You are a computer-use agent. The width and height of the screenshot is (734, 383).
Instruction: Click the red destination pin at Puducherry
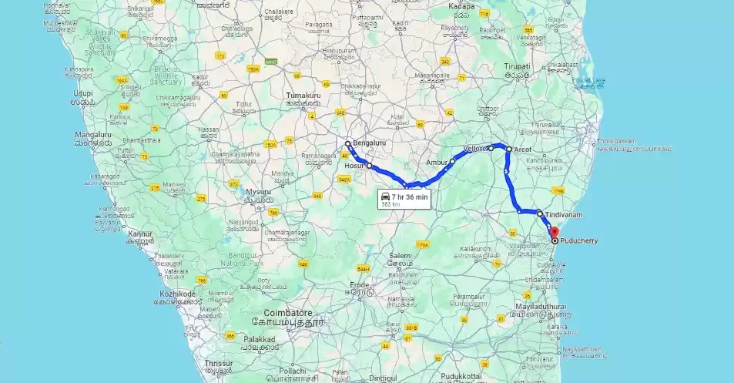(554, 232)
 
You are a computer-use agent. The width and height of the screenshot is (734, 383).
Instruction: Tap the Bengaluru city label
(370, 143)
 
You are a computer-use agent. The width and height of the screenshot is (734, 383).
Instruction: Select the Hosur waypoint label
(354, 166)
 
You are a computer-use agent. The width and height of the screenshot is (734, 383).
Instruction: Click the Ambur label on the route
(436, 163)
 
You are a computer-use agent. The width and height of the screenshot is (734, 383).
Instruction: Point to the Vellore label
(475, 148)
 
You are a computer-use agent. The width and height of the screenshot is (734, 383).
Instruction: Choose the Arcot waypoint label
(523, 149)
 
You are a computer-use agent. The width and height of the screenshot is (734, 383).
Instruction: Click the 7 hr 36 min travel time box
(403, 200)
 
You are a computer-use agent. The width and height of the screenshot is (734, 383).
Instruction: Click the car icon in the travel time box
(385, 197)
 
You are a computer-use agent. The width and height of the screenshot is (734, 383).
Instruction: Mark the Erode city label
(360, 284)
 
